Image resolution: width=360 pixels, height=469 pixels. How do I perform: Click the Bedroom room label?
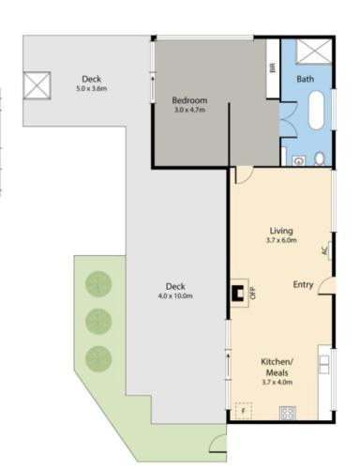189,100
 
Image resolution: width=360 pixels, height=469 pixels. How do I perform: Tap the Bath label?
305,79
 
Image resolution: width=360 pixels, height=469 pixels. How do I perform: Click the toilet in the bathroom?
320,159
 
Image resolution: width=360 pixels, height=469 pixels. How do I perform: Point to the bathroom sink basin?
299,160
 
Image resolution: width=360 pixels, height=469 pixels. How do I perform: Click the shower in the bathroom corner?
314,52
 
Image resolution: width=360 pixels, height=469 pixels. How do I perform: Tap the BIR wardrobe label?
272,68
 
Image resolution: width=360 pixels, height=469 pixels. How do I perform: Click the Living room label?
281,231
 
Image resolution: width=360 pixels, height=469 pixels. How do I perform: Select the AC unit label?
324,250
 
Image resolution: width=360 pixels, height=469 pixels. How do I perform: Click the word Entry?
303,284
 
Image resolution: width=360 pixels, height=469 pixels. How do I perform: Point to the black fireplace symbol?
237,293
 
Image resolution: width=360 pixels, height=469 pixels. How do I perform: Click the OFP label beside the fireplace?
253,293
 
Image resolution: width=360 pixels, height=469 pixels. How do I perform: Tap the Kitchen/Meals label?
277,367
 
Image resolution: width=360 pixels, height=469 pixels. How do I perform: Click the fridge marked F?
244,410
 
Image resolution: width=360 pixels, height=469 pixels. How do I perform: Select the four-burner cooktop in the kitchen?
288,413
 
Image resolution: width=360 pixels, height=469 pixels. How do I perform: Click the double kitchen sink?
324,365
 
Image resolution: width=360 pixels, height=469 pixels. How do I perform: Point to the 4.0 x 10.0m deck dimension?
175,295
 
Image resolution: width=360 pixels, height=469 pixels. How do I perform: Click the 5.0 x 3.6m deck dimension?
92,88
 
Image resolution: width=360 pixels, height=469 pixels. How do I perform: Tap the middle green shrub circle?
98,322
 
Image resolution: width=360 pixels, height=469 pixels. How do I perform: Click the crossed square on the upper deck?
37,85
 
